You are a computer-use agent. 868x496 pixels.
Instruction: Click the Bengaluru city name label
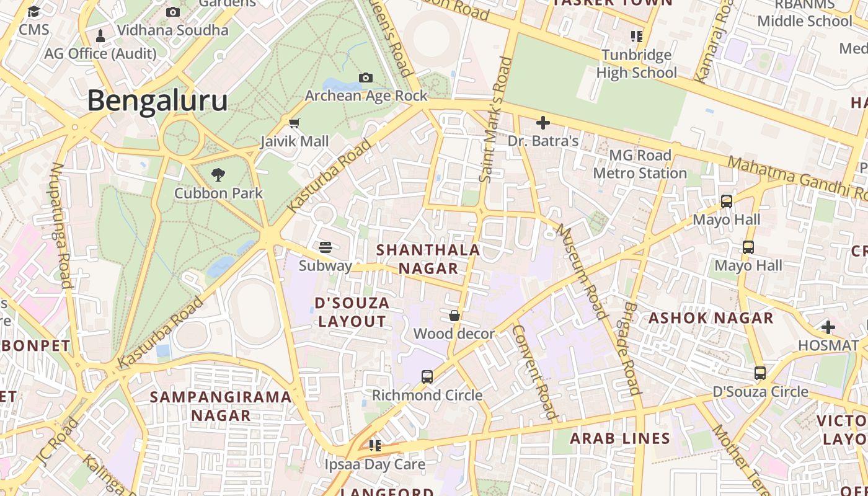[157, 100]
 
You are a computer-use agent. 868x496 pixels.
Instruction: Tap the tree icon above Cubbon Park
[218, 175]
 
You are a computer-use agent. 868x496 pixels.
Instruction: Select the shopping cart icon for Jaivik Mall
[294, 123]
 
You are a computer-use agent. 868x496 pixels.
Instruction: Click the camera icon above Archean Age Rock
[366, 77]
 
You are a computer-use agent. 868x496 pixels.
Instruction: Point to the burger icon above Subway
[325, 247]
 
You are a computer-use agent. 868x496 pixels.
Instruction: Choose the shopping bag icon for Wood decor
[454, 316]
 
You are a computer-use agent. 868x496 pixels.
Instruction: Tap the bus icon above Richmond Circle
[427, 376]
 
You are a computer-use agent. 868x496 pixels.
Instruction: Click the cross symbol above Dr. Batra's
[543, 123]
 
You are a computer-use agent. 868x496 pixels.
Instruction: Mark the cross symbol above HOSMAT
[828, 327]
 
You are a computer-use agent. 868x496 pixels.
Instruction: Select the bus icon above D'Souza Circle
[760, 373]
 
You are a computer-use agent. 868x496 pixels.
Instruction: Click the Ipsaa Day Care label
[375, 464]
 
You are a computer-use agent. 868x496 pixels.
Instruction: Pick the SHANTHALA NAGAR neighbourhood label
[428, 259]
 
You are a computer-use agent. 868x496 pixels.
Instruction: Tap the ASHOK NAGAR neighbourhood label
[711, 318]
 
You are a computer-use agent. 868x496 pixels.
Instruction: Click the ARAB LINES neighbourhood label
[620, 438]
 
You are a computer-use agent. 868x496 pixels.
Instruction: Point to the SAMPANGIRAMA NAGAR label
[221, 405]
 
